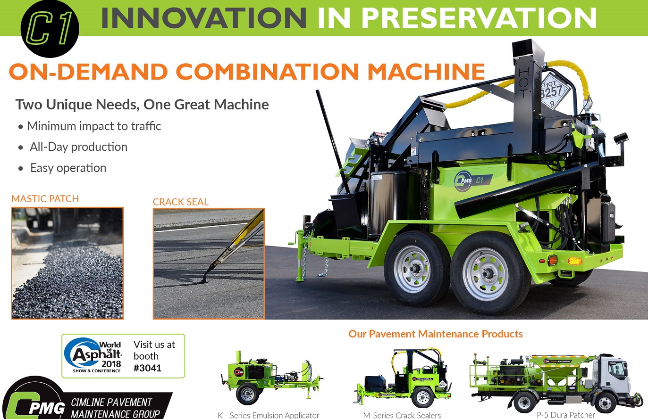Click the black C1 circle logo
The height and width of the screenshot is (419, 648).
(50, 28)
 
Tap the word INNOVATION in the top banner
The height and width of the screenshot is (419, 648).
(204, 18)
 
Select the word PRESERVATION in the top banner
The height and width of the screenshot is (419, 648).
(479, 18)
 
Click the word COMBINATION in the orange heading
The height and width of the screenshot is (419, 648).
(267, 71)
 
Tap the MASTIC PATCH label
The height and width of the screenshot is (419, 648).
(45, 199)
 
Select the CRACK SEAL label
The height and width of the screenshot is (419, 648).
(180, 202)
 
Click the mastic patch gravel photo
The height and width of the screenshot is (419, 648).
(67, 263)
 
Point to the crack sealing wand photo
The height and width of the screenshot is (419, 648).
(209, 263)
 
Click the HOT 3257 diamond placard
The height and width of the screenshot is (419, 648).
(554, 91)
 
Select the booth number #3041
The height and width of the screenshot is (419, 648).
(147, 368)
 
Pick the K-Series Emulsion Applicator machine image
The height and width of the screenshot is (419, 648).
(271, 377)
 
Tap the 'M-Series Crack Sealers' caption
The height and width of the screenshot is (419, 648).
(402, 415)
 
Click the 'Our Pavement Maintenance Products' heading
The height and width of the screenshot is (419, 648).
(435, 334)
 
